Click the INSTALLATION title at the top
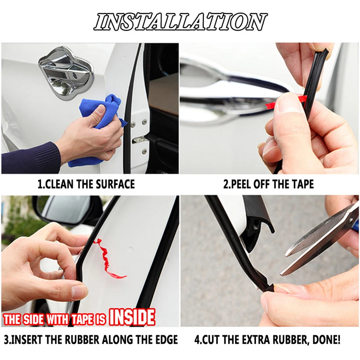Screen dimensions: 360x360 point(180,22)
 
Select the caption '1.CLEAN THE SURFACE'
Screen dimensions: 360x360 point(86,184)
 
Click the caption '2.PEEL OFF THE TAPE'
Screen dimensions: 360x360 point(269,184)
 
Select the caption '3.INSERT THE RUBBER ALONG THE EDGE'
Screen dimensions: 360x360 point(90,339)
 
